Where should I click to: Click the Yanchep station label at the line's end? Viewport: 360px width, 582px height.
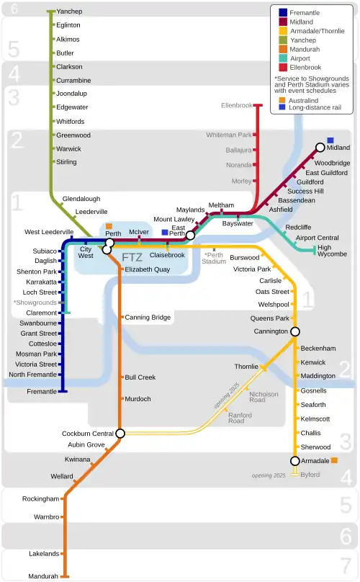pos(69,12)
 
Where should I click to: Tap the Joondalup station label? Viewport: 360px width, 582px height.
pos(71,94)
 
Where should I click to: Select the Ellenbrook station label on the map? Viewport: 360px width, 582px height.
pos(237,106)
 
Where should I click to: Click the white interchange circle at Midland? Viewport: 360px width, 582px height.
pos(320,148)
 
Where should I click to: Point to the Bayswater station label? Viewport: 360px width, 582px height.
pos(238,223)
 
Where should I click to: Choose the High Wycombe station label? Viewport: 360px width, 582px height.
pos(333,251)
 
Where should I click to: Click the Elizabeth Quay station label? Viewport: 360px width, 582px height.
pos(147,269)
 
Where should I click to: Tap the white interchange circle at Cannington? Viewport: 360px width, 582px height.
pos(294,331)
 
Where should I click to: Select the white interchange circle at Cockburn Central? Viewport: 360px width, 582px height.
pos(120,434)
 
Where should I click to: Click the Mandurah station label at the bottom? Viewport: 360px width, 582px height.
pos(43,576)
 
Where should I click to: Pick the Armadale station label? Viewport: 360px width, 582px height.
pos(315,461)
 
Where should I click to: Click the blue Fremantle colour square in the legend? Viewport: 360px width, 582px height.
pos(283,12)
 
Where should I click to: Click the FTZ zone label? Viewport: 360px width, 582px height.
pos(132,257)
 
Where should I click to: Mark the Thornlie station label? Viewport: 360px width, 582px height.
pos(246,367)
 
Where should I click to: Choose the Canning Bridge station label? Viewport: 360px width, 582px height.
pos(148,318)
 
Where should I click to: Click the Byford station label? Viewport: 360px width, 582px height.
pos(310,475)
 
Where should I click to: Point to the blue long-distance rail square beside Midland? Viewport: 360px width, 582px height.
pos(330,140)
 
